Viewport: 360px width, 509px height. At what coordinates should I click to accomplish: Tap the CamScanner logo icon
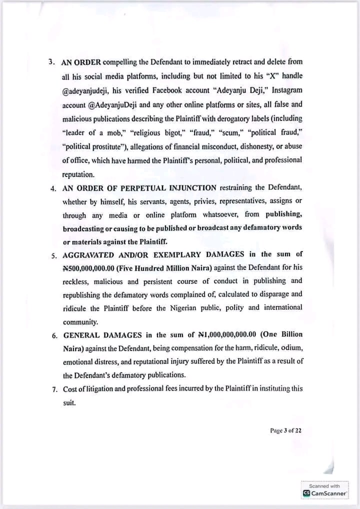click(306, 493)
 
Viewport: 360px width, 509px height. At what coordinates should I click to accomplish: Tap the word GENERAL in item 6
click(80, 334)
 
